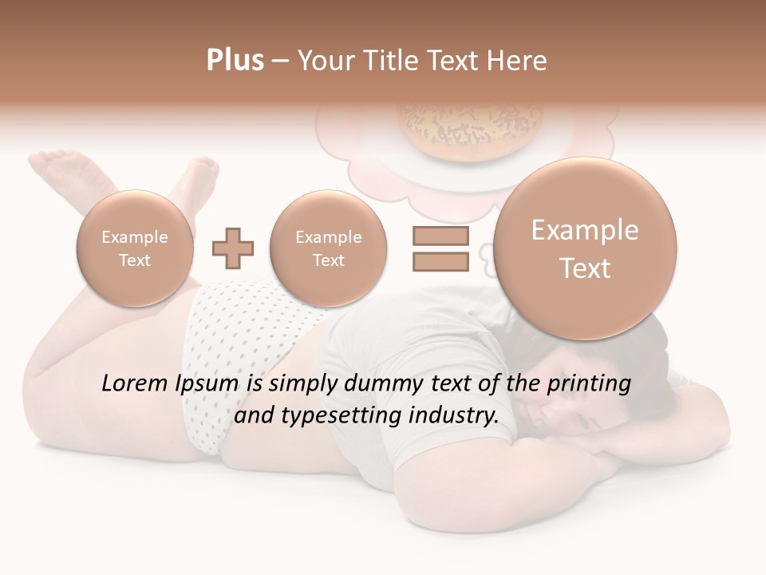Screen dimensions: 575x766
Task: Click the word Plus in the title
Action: pyautogui.click(x=235, y=61)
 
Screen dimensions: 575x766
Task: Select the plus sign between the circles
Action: pyautogui.click(x=233, y=249)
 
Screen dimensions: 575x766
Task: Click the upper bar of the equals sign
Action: pyautogui.click(x=440, y=236)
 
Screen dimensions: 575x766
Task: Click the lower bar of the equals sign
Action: pyautogui.click(x=440, y=261)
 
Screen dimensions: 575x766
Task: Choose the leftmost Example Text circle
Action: pyautogui.click(x=135, y=248)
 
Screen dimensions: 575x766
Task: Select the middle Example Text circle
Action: pyautogui.click(x=329, y=248)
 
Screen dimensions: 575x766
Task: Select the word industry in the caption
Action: pyautogui.click(x=452, y=416)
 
